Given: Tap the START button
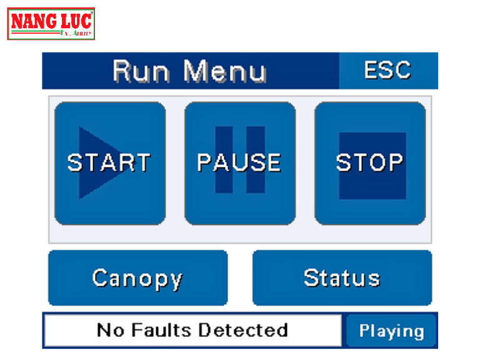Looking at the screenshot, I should (x=110, y=162).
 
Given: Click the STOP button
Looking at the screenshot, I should (x=370, y=162).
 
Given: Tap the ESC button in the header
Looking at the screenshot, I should (x=387, y=70).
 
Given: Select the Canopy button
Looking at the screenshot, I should (x=137, y=278).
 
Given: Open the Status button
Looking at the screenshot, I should (x=342, y=278).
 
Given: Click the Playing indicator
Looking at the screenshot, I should (x=391, y=331).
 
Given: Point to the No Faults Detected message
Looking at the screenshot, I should (x=192, y=330).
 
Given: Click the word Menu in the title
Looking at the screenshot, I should (x=225, y=71).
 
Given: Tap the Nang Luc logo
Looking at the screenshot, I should (x=51, y=24).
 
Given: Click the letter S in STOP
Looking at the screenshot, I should (x=344, y=162).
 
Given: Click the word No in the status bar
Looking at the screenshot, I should (x=109, y=330).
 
